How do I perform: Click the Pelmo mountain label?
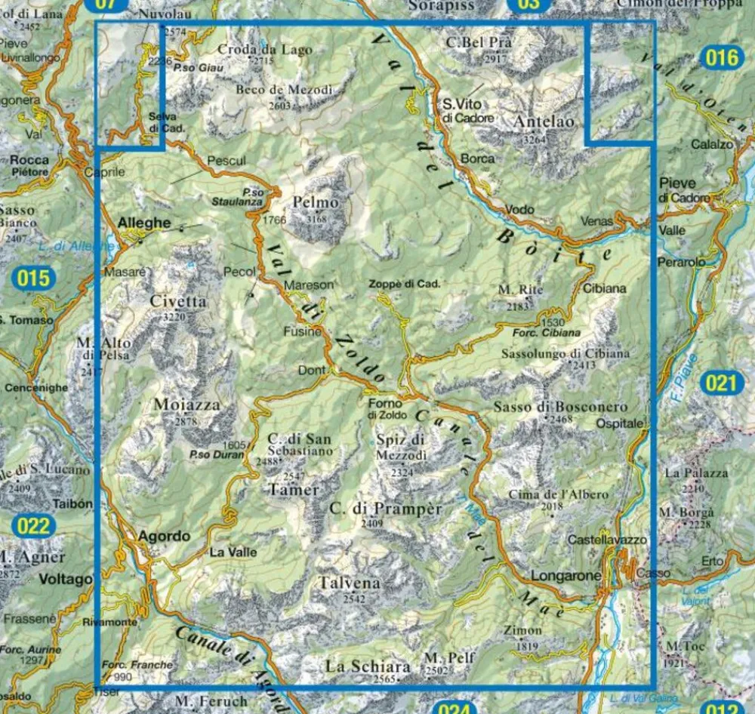pos(314,203)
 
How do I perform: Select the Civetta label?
pos(177,301)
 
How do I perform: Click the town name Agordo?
pos(164,537)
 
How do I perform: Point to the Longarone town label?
pos(565,576)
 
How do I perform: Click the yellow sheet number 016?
pos(721,58)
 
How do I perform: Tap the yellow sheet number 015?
pos(34,279)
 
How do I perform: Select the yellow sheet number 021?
pos(720,383)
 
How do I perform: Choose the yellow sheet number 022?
pos(33,525)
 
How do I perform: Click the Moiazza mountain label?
pos(186,405)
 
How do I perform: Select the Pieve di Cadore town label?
pos(685,190)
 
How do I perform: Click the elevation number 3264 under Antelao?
pos(535,139)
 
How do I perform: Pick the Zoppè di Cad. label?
pos(404,285)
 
